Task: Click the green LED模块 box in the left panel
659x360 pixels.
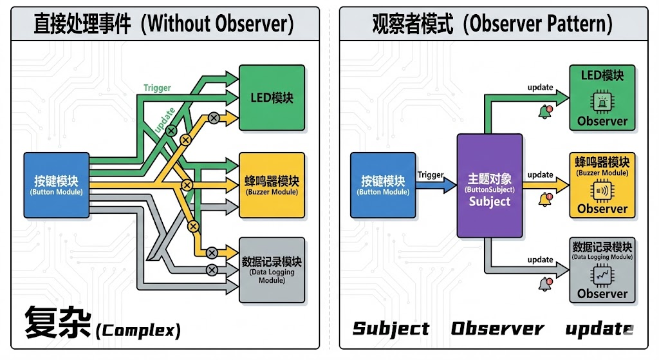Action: tap(272, 98)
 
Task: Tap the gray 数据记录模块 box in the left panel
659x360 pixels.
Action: tap(272, 270)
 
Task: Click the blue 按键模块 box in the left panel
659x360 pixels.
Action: tap(56, 184)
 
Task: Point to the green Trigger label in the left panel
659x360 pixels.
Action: tap(157, 88)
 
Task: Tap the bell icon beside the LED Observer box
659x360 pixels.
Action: tap(545, 112)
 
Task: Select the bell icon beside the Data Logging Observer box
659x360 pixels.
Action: tap(546, 283)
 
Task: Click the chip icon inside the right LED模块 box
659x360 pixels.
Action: tap(602, 100)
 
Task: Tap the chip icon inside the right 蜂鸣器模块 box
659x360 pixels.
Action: tap(602, 191)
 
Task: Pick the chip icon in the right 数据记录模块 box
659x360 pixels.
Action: tap(602, 276)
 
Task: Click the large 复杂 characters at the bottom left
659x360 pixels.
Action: tap(57, 323)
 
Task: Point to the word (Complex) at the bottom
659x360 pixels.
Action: tap(138, 331)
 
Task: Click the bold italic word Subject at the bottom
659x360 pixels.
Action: tap(391, 328)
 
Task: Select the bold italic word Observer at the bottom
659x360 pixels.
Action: tap(497, 328)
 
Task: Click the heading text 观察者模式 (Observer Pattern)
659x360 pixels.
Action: tap(492, 24)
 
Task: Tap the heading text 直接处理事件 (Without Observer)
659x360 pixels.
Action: tap(163, 24)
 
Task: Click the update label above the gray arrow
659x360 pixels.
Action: tap(540, 260)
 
